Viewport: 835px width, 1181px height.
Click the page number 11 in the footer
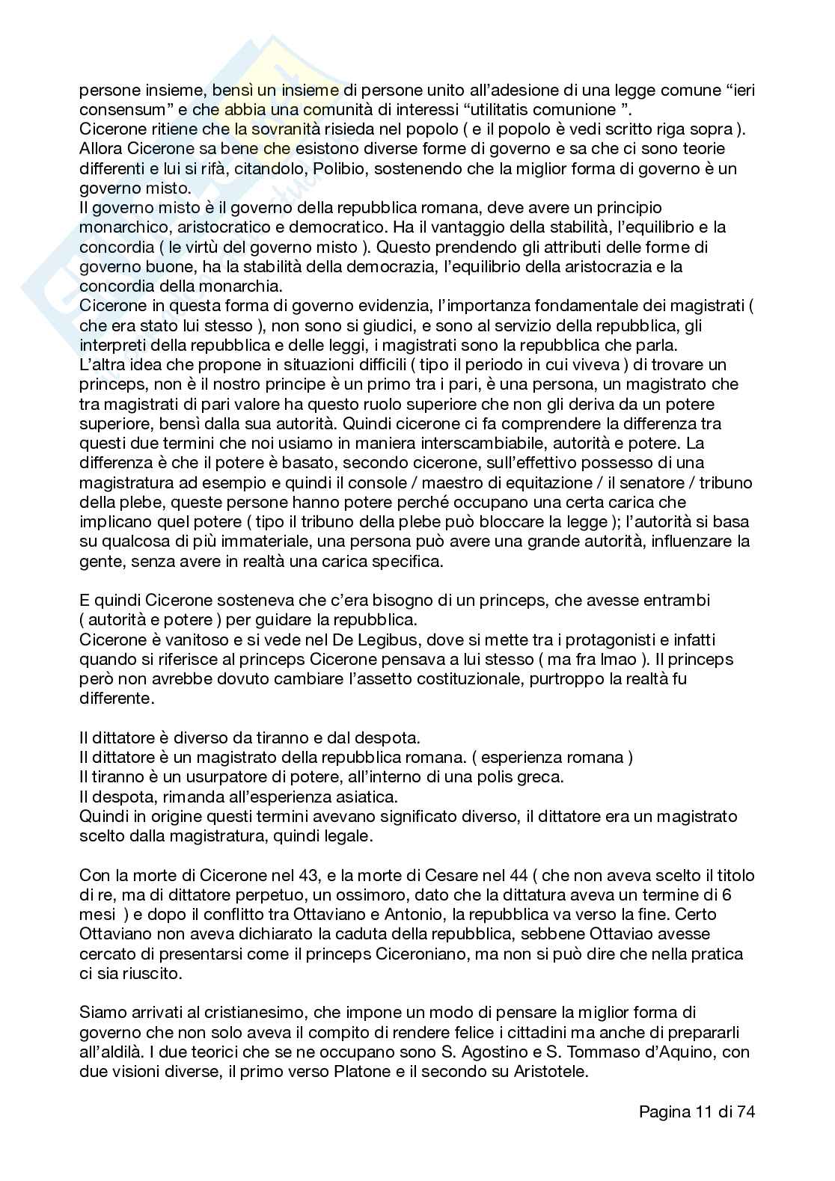pos(700,1111)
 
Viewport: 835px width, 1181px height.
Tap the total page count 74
pos(745,1111)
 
